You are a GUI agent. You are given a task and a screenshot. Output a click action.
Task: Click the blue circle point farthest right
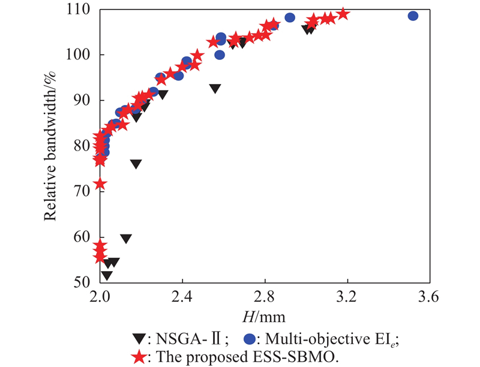click(x=413, y=16)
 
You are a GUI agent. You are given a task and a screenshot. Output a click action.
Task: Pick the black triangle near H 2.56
click(x=215, y=89)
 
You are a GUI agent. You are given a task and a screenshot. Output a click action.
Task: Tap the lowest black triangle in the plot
click(x=106, y=275)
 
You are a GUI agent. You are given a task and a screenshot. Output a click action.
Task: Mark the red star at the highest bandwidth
click(x=343, y=13)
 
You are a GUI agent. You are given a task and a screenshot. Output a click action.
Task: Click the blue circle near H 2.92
click(x=290, y=17)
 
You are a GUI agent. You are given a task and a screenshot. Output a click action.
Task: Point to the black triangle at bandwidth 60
click(x=125, y=239)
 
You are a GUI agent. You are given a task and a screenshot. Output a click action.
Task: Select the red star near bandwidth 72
click(x=100, y=183)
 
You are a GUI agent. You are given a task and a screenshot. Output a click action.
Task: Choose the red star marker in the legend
click(x=139, y=357)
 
